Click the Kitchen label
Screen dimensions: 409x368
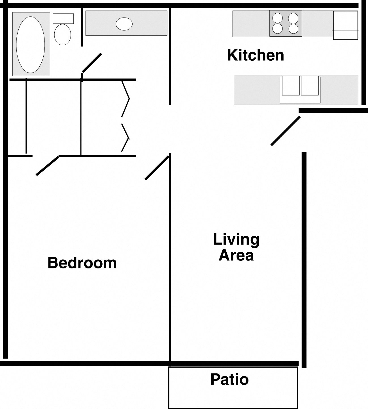pyautogui.click(x=256, y=55)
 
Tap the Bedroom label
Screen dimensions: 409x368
pyautogui.click(x=82, y=263)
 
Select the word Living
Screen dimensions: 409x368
pyautogui.click(x=236, y=240)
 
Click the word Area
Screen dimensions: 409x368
pyautogui.click(x=236, y=255)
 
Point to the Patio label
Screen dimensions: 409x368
pyautogui.click(x=229, y=379)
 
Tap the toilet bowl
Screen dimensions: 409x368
pyautogui.click(x=62, y=35)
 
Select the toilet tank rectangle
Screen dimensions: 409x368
pyautogui.click(x=63, y=18)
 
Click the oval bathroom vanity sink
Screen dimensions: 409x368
pyautogui.click(x=124, y=24)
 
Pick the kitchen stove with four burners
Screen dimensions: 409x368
pyautogui.click(x=286, y=23)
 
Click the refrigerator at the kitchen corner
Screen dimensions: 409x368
pyautogui.click(x=345, y=25)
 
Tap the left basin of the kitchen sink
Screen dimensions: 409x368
pyautogui.click(x=291, y=86)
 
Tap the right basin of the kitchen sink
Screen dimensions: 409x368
pyautogui.click(x=310, y=86)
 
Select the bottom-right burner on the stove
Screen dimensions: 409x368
pyautogui.click(x=294, y=28)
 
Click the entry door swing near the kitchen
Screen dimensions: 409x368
pyautogui.click(x=285, y=131)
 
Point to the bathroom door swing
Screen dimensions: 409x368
pyautogui.click(x=92, y=63)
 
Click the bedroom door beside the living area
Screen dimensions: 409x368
pyautogui.click(x=157, y=168)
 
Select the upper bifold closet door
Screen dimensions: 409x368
pyautogui.click(x=125, y=99)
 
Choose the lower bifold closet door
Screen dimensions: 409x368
pyautogui.click(x=125, y=138)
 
